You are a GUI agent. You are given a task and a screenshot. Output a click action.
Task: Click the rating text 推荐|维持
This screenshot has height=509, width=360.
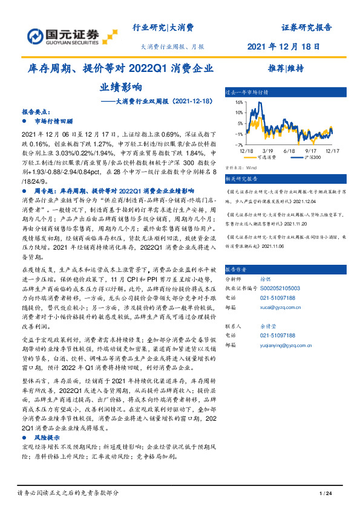click(282, 68)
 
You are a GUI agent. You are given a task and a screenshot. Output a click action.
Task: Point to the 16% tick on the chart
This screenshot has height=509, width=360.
click(238, 103)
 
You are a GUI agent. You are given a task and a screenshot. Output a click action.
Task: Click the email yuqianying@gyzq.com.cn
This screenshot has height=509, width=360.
click(293, 343)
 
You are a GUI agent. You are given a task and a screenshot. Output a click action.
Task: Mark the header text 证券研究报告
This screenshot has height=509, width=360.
click(307, 28)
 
